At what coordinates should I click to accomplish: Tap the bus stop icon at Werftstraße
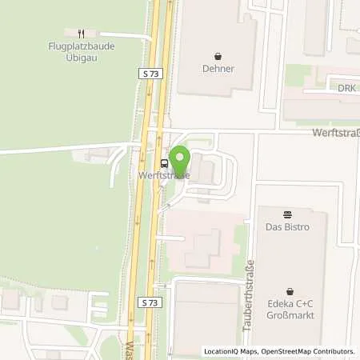coord(163,163)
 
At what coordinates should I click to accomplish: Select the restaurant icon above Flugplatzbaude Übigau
coord(81,33)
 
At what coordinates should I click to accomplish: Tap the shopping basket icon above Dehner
coord(218,56)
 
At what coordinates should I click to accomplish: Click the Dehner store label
coord(218,69)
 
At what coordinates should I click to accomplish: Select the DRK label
coord(346,88)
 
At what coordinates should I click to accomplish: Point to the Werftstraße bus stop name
coord(164,174)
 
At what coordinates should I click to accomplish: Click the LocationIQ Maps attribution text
coord(230,351)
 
